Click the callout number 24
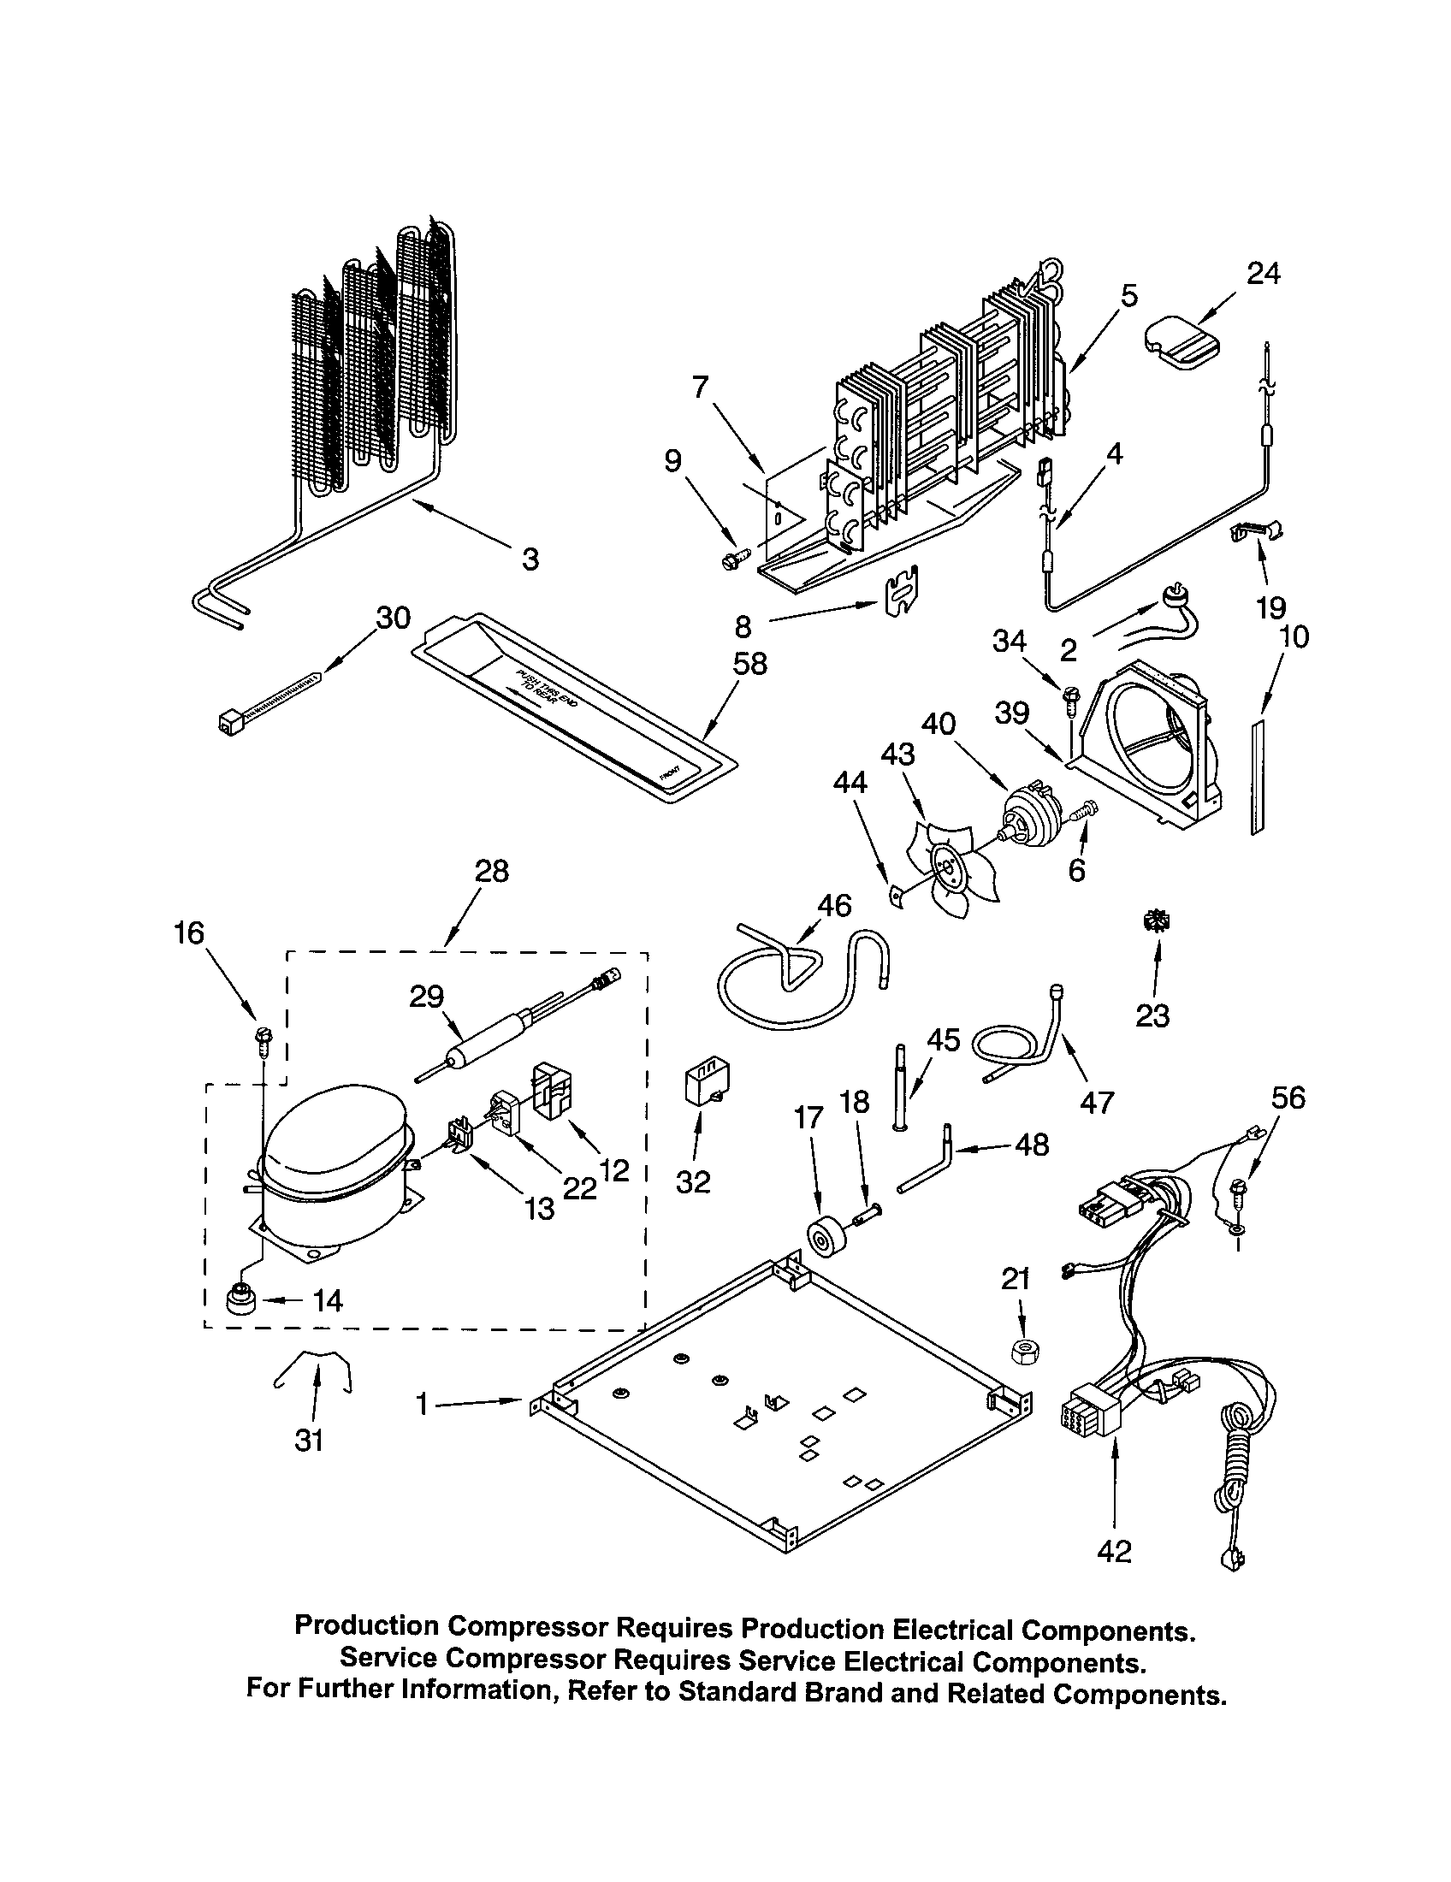click(x=1264, y=273)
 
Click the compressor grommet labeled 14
click(x=240, y=1298)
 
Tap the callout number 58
click(x=750, y=664)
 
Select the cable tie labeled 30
click(x=267, y=697)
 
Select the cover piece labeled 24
click(x=1182, y=343)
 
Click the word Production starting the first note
click(x=366, y=1625)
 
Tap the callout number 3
click(x=530, y=559)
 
